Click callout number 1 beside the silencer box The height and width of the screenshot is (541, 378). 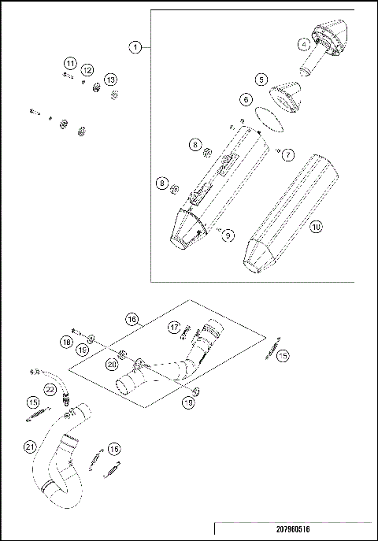[136, 47]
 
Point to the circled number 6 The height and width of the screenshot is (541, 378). [246, 100]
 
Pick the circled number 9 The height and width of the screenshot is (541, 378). [228, 234]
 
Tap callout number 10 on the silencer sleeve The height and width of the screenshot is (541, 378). [315, 227]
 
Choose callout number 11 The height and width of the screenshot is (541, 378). [70, 63]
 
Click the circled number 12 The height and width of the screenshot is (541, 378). [88, 71]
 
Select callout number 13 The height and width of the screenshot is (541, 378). [111, 80]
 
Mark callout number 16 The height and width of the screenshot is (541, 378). [132, 318]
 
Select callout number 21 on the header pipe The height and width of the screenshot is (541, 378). [30, 447]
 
